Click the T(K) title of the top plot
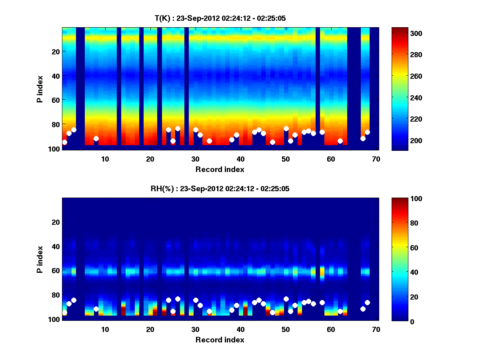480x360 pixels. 220,18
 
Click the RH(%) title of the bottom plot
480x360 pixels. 220,189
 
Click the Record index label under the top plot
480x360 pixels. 220,169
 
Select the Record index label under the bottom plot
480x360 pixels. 220,340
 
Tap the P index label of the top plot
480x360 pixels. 40,88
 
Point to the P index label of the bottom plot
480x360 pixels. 40,259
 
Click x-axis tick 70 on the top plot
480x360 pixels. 376,159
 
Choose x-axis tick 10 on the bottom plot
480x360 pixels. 105,329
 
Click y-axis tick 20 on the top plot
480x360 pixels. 55,51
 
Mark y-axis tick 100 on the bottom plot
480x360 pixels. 54,319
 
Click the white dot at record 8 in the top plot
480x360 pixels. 96,138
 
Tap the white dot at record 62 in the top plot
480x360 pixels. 340,141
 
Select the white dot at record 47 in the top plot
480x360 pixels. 272,142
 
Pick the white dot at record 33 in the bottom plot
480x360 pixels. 209,311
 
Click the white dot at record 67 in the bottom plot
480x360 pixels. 363,309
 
